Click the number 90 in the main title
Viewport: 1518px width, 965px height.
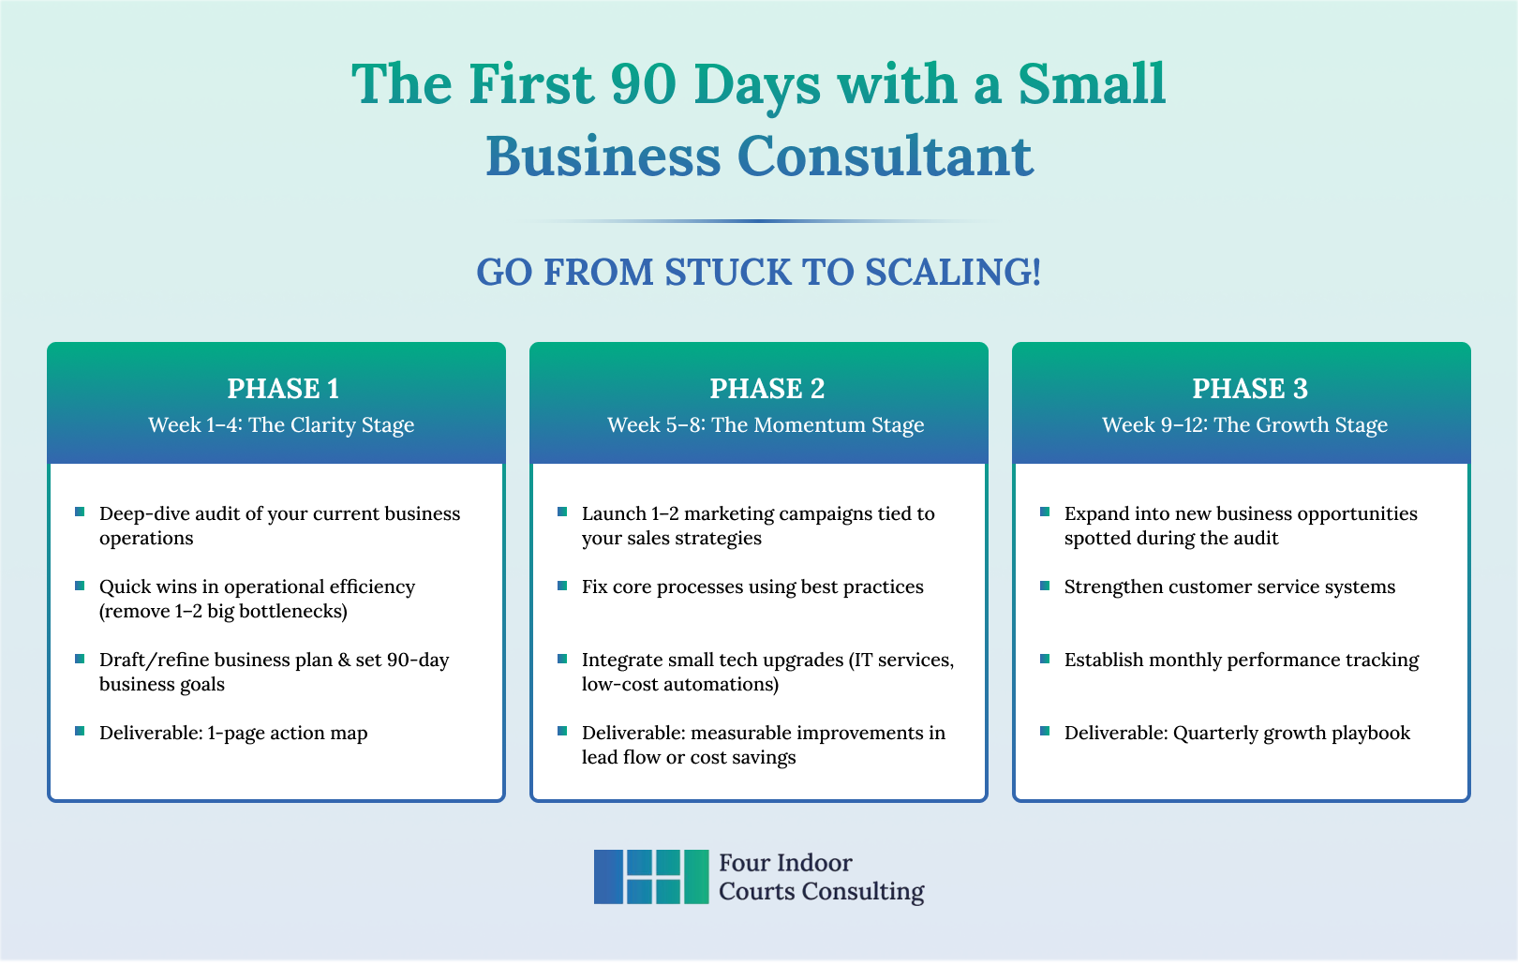point(644,84)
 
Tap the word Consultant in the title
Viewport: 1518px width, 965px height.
point(885,156)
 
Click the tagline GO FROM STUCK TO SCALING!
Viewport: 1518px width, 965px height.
point(759,273)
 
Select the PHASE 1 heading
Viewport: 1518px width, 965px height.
point(283,389)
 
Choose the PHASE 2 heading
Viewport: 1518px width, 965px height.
point(766,389)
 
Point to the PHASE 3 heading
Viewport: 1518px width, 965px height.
point(1250,389)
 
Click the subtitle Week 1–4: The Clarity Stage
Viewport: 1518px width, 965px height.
point(281,425)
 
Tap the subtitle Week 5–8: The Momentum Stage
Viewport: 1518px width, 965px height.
point(766,425)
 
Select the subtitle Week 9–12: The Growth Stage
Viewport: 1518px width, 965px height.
point(1244,425)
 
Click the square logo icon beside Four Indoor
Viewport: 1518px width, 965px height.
point(651,877)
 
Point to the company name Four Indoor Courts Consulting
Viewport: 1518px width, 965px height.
point(821,877)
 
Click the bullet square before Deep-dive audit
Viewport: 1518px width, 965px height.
point(80,512)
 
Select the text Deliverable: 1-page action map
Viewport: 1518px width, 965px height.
point(233,733)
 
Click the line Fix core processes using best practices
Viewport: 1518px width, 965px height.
point(752,586)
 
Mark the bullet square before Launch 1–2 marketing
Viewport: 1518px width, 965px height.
point(562,512)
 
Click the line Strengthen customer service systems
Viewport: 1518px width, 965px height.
point(1229,586)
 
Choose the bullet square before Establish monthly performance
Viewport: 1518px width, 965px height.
point(1045,659)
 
